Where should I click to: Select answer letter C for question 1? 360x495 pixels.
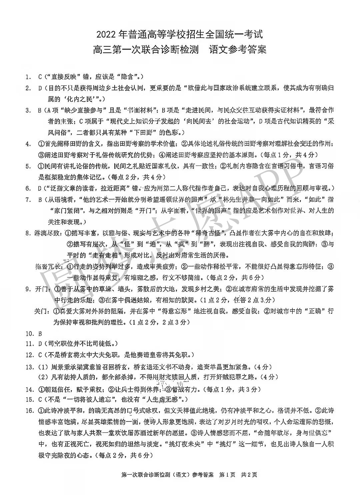[40, 77]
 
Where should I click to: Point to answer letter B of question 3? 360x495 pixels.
[40, 110]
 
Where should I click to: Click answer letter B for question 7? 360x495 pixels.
[40, 200]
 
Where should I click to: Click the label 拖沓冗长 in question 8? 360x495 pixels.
[48, 266]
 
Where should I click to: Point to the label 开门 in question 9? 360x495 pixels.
[42, 289]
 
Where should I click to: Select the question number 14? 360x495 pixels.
[29, 389]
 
